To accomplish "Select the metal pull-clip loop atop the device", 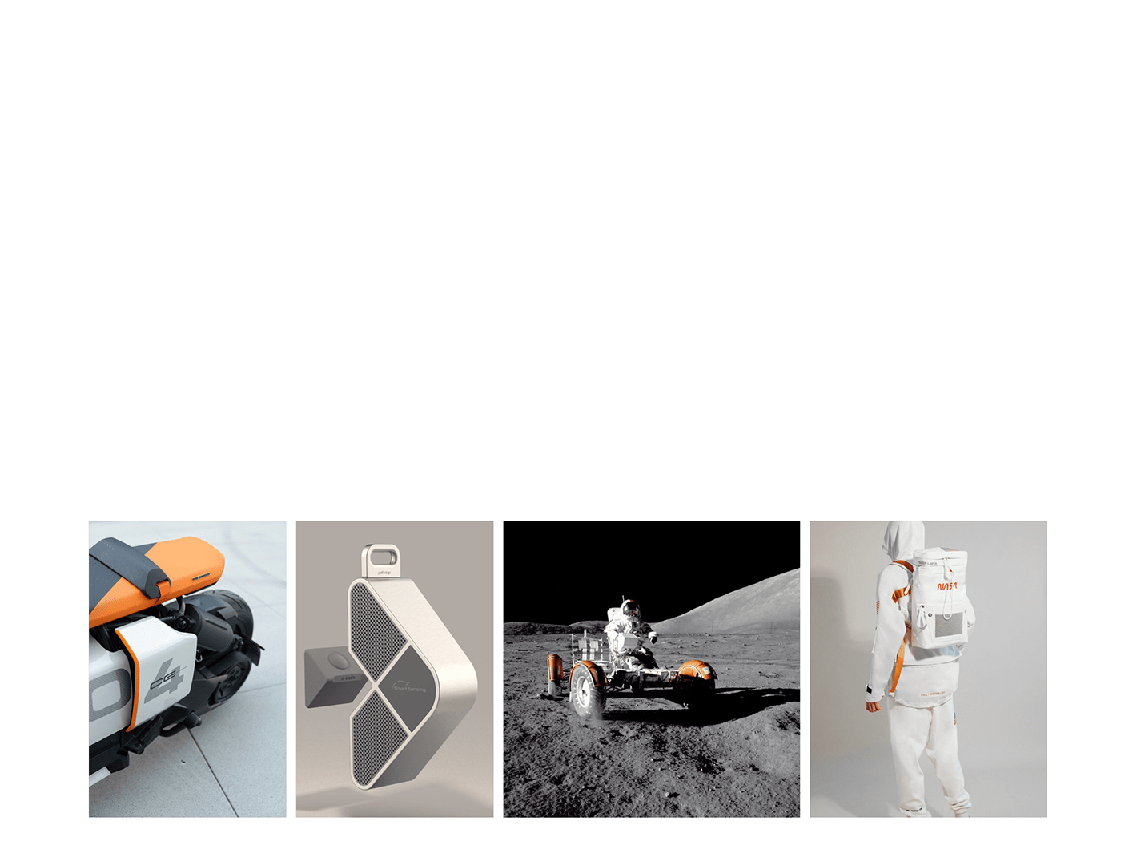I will (x=381, y=558).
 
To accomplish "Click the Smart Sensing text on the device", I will (x=408, y=686).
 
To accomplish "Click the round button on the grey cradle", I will (x=336, y=662).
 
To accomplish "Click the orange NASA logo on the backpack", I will (x=946, y=586).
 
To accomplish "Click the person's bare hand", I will (x=874, y=706).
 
